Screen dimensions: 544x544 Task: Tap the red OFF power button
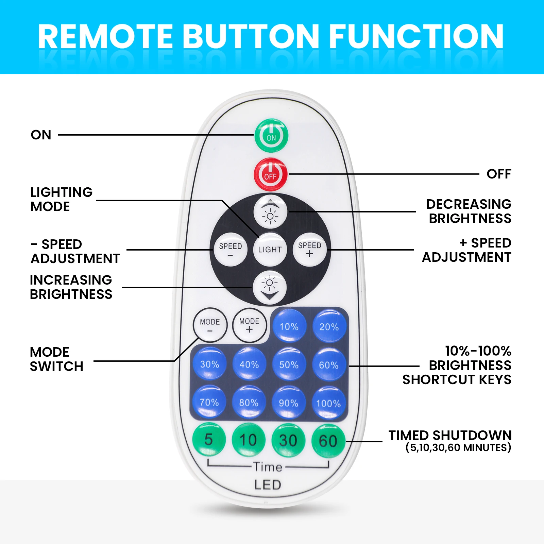(x=271, y=174)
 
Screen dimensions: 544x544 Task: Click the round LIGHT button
(x=270, y=250)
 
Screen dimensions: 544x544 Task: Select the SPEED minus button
(x=231, y=250)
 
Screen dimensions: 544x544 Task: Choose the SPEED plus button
(x=309, y=249)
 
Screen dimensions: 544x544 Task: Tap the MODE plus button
(x=249, y=325)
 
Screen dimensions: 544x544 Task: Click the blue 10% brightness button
(x=289, y=326)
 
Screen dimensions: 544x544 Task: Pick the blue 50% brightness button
(x=289, y=364)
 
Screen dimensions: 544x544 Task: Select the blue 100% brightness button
(x=328, y=403)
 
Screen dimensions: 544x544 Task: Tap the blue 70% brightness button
(x=209, y=402)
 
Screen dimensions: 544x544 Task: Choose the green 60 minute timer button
(x=328, y=441)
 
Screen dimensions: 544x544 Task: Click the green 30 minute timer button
(x=288, y=440)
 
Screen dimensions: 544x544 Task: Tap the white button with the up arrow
(x=270, y=212)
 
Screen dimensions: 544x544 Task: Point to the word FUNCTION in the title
(x=416, y=36)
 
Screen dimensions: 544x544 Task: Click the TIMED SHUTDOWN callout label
(x=450, y=441)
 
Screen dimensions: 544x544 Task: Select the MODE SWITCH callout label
(x=56, y=359)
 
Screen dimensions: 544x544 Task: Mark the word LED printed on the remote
(x=268, y=485)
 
